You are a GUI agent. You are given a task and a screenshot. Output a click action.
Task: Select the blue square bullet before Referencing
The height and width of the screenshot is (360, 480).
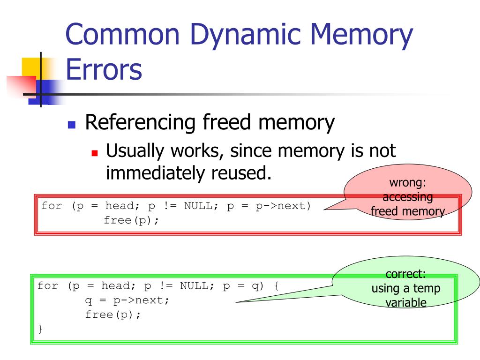(72, 125)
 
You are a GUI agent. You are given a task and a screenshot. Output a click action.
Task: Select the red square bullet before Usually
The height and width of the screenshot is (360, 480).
(95, 153)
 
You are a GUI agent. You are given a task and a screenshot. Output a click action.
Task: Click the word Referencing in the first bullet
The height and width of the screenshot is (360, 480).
(141, 123)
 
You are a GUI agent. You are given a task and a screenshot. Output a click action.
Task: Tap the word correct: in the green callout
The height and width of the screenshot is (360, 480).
(405, 274)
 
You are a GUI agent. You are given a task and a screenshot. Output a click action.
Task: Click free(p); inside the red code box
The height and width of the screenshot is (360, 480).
(131, 220)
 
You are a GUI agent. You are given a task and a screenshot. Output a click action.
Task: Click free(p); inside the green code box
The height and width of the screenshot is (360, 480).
(113, 315)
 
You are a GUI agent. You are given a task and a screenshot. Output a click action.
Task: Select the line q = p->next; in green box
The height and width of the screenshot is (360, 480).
(127, 300)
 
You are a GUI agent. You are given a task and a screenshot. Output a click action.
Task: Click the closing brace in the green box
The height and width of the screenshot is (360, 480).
(40, 329)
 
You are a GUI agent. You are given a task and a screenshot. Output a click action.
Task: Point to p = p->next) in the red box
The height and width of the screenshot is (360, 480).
(269, 206)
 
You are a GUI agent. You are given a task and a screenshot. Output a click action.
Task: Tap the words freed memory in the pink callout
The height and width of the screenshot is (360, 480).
(407, 211)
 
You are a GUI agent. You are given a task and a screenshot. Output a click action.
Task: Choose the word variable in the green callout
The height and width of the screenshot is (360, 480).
(406, 303)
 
